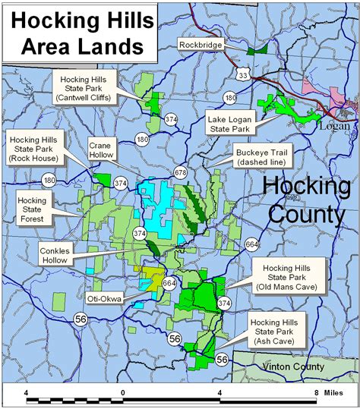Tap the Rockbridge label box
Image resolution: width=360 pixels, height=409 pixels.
point(201,45)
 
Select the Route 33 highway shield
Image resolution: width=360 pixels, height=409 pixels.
point(242,74)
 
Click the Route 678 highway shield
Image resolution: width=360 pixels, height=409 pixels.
point(180,173)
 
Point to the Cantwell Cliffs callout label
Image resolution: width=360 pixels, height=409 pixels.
point(83,87)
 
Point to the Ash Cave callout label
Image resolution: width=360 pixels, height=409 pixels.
point(276,332)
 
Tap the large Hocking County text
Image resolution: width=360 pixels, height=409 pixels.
point(306,200)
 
